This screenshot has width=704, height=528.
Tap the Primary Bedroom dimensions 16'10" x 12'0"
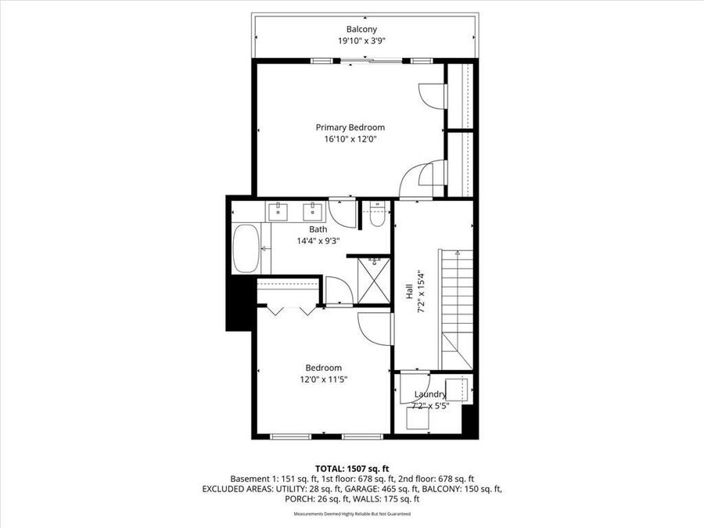pyautogui.click(x=350, y=139)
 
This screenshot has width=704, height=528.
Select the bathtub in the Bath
pyautogui.click(x=246, y=249)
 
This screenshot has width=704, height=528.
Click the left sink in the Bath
pyautogui.click(x=278, y=210)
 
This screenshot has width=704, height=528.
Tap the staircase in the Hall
pyautogui.click(x=458, y=309)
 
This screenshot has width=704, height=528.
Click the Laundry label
pyautogui.click(x=430, y=395)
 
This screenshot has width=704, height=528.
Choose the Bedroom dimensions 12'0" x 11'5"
pyautogui.click(x=323, y=379)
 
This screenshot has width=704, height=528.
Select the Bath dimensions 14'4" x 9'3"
pyautogui.click(x=318, y=240)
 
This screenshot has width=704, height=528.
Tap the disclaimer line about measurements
pyautogui.click(x=351, y=514)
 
